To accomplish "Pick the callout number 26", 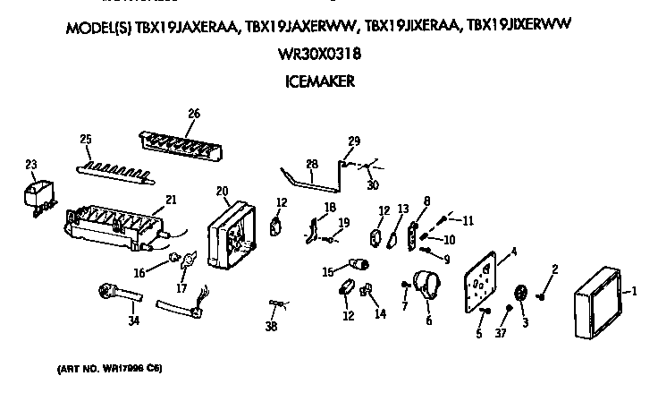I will pos(193,114).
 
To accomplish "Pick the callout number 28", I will pos(311,164).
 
